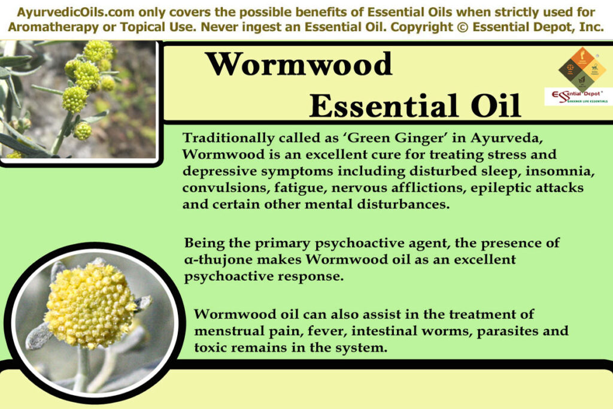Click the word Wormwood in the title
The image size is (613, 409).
[299, 65]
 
